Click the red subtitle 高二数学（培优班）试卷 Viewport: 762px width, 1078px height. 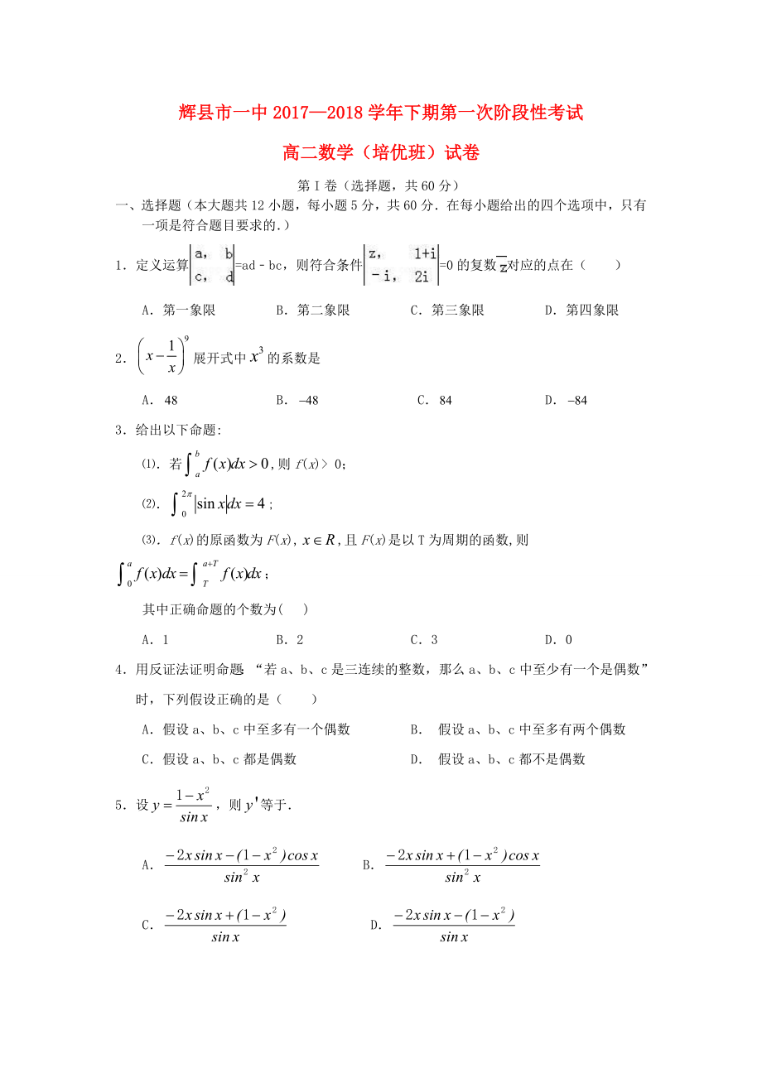tap(381, 153)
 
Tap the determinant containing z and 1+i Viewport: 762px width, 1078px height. tap(402, 265)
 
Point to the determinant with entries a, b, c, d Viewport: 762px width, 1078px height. tap(212, 265)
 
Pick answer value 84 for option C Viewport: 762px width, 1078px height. tap(446, 401)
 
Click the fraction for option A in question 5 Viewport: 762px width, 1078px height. tap(241, 866)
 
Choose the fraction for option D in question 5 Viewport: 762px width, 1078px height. tap(453, 926)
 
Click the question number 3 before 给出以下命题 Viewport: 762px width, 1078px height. tap(120, 429)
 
